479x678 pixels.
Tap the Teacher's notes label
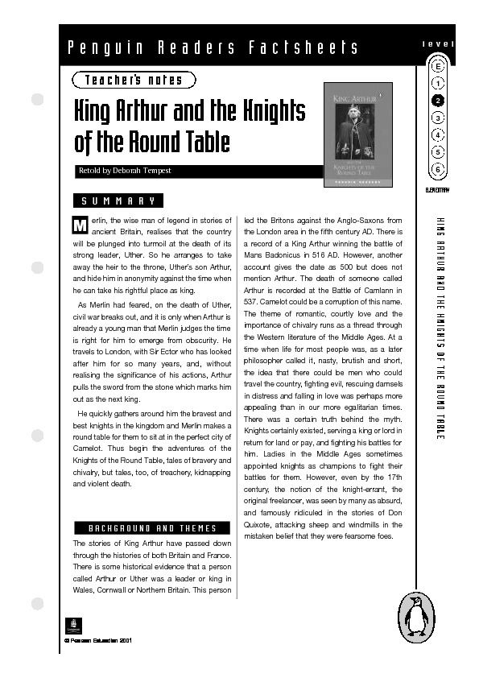pyautogui.click(x=133, y=80)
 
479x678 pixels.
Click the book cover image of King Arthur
pyautogui.click(x=357, y=134)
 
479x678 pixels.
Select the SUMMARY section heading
pyautogui.click(x=118, y=201)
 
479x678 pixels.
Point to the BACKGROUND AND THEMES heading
pyautogui.click(x=152, y=527)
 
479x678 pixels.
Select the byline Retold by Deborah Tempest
pyautogui.click(x=124, y=171)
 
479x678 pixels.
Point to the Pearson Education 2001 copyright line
pyautogui.click(x=97, y=641)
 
